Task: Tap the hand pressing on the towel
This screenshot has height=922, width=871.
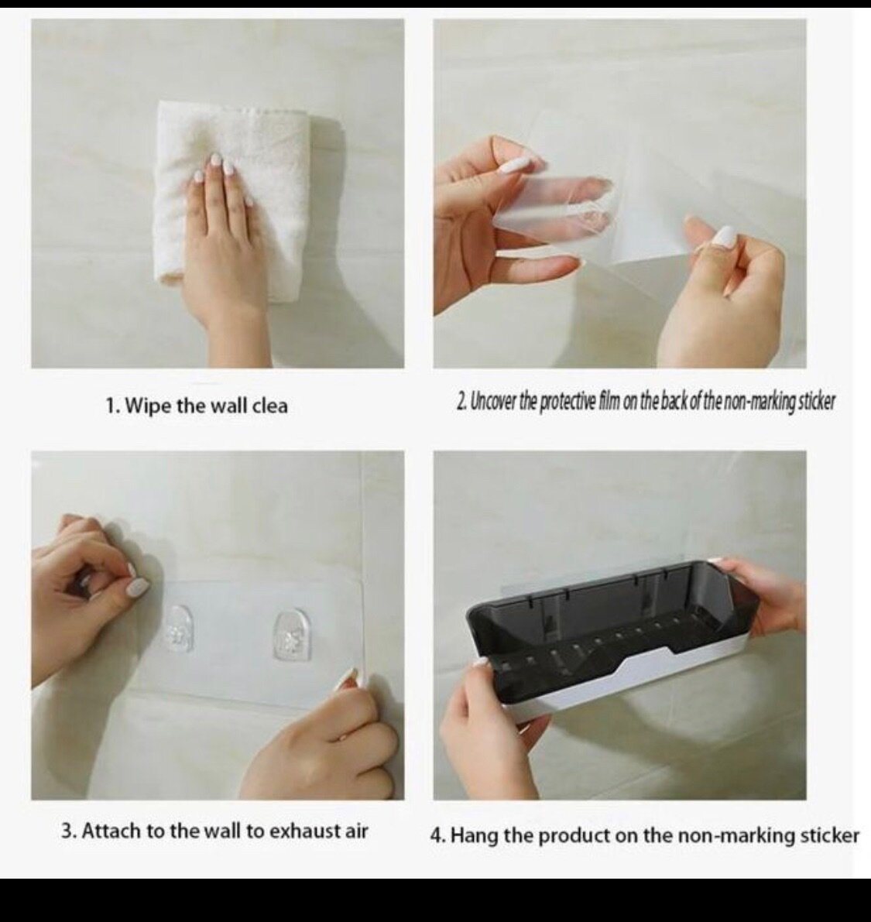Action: point(221,232)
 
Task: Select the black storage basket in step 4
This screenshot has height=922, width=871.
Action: point(612,612)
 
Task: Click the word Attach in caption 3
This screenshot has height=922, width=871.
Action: point(111,831)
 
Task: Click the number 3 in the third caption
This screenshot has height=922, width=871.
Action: point(67,831)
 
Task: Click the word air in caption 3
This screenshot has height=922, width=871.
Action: point(355,831)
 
